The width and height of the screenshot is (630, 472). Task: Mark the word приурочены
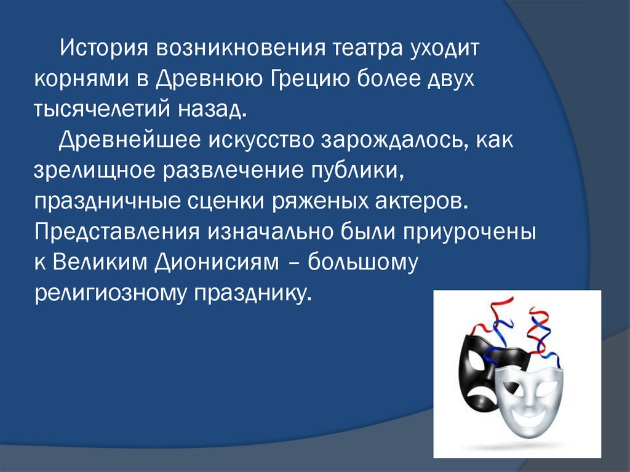pyautogui.click(x=471, y=233)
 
